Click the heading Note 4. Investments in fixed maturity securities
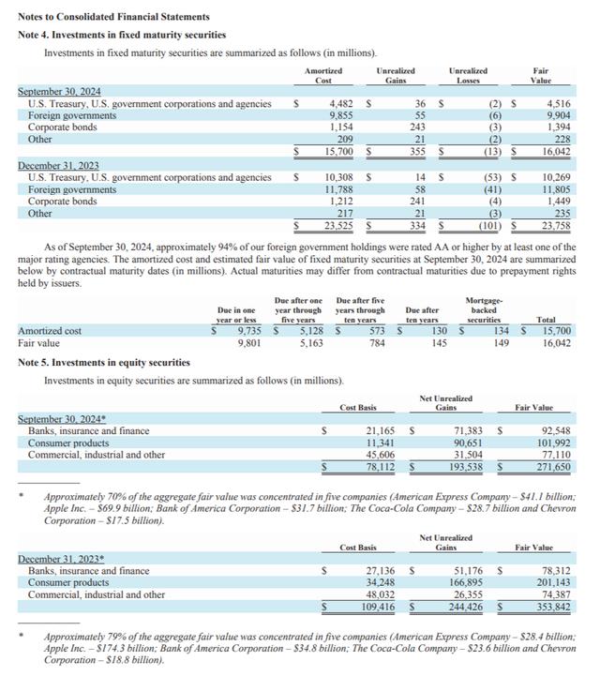pos(122,35)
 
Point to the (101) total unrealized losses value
pos(489,225)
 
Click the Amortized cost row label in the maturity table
pos(50,331)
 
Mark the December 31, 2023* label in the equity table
pos(57,559)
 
